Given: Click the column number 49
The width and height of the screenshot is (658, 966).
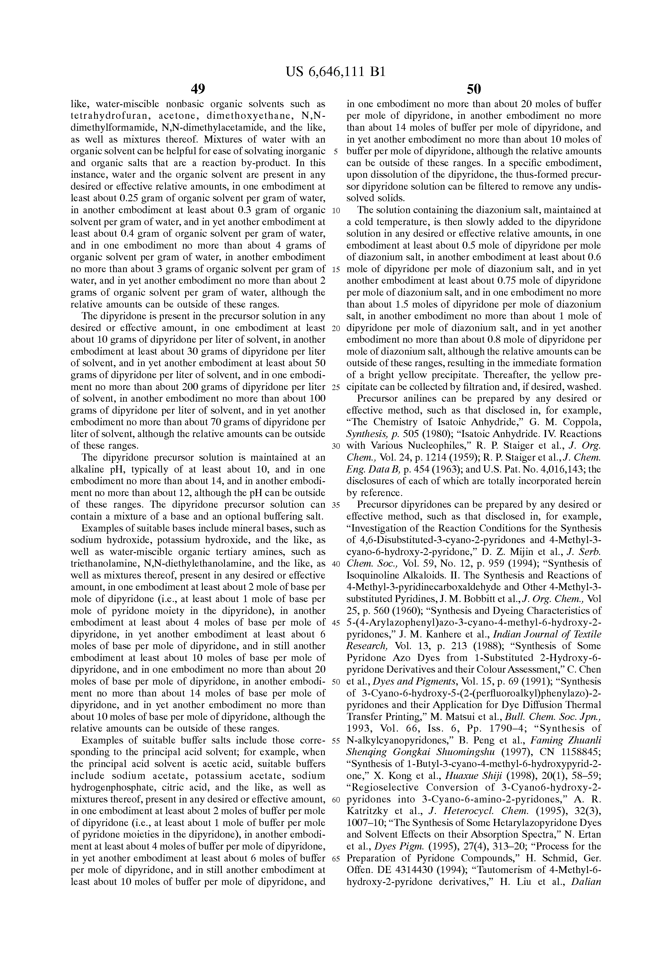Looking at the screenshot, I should tap(198, 89).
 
